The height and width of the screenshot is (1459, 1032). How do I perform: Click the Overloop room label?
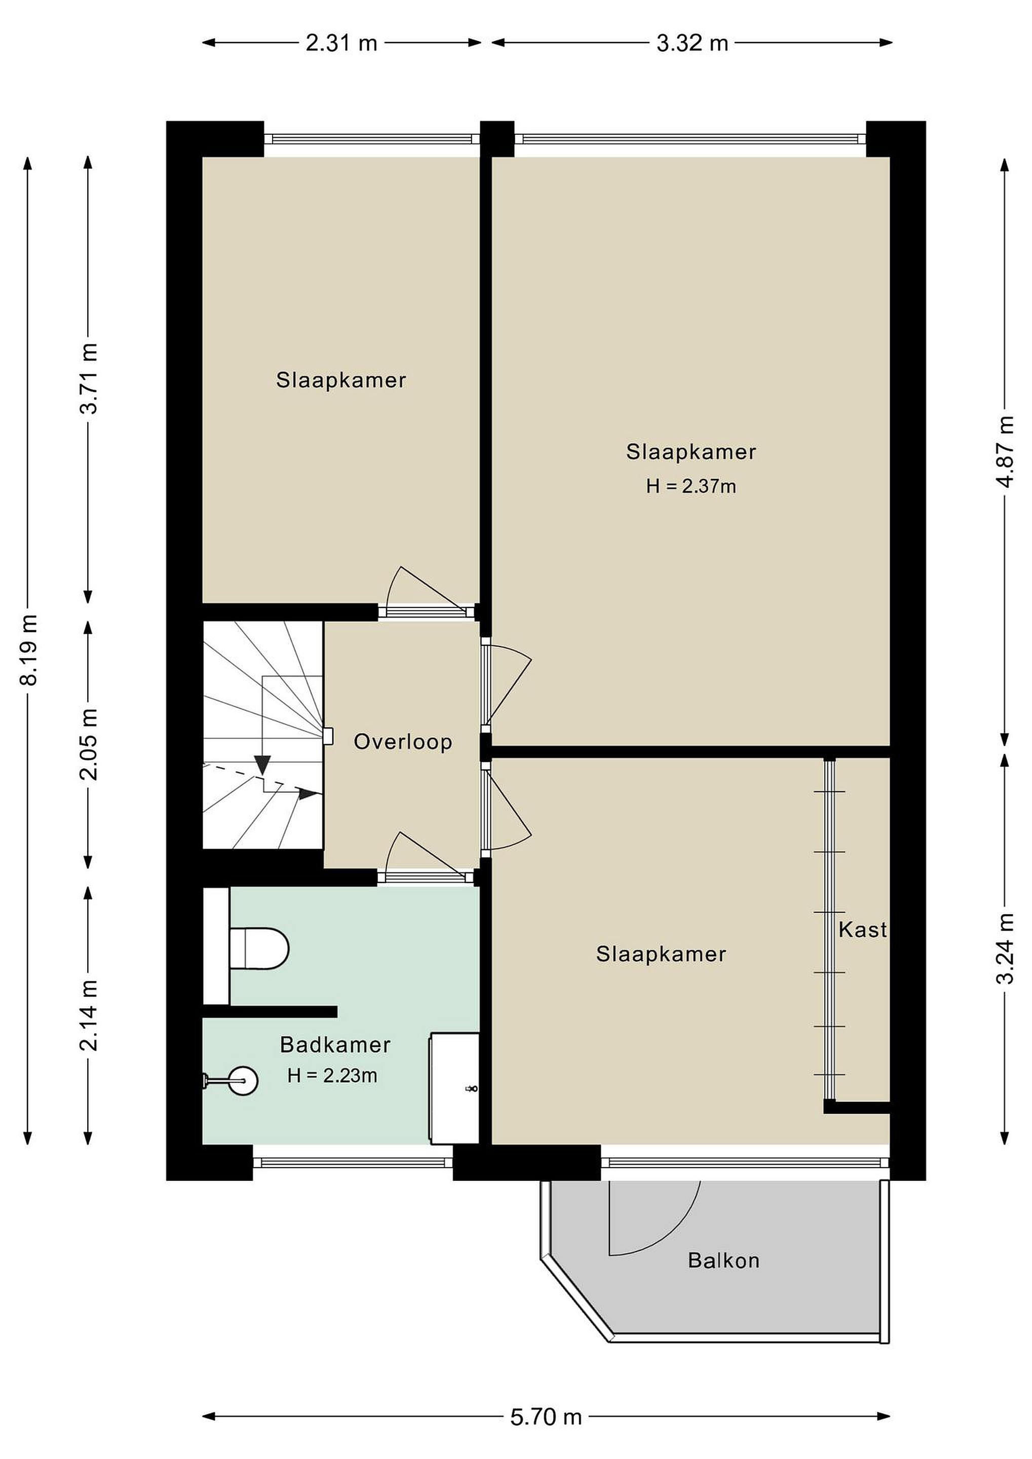click(x=403, y=742)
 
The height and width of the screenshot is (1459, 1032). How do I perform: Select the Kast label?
click(x=862, y=930)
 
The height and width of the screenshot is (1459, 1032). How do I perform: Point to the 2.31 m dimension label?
click(x=341, y=43)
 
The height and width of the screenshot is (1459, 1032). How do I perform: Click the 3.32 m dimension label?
click(x=692, y=43)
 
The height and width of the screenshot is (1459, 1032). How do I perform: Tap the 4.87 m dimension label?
click(x=1005, y=452)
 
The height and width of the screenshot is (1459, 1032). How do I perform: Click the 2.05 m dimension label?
click(x=89, y=744)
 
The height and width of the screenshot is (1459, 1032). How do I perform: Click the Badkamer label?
click(x=335, y=1045)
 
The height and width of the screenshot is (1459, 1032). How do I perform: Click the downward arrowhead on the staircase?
click(x=262, y=765)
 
